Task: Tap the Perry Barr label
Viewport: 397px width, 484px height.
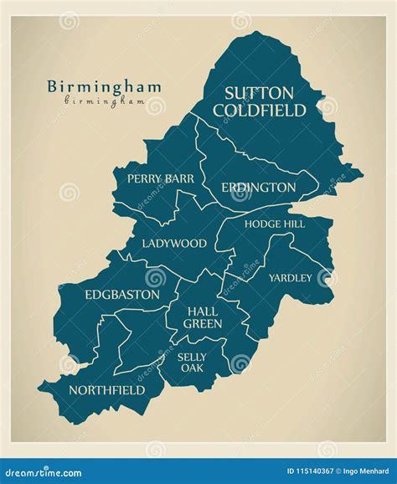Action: [160, 178]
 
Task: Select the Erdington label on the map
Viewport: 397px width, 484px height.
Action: [258, 188]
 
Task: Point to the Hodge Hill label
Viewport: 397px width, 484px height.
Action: [274, 224]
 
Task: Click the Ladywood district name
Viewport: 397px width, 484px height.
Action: [173, 244]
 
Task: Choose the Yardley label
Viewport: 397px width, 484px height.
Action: [290, 277]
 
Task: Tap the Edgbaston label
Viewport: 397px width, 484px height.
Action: [121, 295]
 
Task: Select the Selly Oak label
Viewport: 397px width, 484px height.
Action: [192, 362]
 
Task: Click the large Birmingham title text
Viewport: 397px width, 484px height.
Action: [104, 86]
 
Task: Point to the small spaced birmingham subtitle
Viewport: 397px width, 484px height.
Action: [104, 100]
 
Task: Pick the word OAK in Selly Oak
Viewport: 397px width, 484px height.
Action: [192, 368]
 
